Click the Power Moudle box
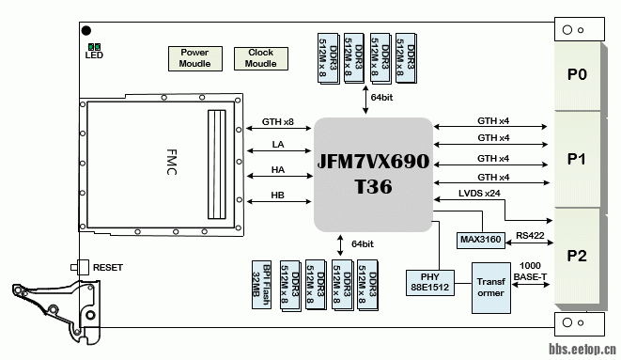[194, 58]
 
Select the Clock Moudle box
[260, 58]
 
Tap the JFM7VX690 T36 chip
[373, 173]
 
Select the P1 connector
[577, 160]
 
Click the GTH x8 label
[278, 122]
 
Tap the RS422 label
[531, 236]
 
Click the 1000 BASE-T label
[531, 271]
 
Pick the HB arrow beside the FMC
[278, 201]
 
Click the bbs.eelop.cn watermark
[582, 350]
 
